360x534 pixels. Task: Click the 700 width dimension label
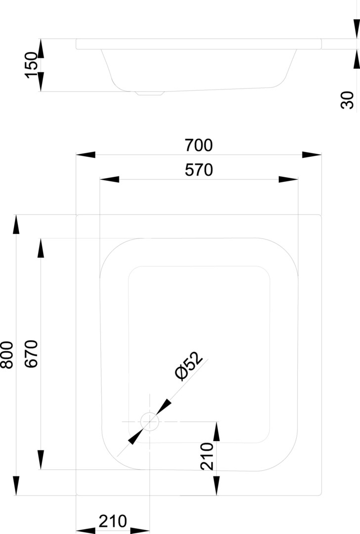[x=199, y=145]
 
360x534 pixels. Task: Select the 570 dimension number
[x=199, y=170]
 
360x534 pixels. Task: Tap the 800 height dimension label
[x=7, y=355]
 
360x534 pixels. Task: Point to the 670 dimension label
[x=32, y=354]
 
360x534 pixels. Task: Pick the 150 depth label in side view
[x=32, y=65]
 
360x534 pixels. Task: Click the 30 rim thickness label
[x=348, y=100]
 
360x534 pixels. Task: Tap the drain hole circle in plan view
[x=149, y=421]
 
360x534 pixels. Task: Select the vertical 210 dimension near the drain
[x=207, y=456]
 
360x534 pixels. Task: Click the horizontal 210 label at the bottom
[x=113, y=521]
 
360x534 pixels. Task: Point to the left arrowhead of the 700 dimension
[x=86, y=155]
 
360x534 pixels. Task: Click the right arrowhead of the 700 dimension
[x=312, y=155]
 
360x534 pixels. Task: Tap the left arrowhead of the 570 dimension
[x=109, y=179]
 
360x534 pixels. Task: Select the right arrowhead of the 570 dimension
[x=288, y=179]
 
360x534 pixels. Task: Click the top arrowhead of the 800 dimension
[x=16, y=224]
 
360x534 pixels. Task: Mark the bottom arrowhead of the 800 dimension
[x=16, y=486]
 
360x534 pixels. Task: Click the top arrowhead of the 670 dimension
[x=41, y=248]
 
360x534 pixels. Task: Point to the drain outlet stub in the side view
[x=150, y=93]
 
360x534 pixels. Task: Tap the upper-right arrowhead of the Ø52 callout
[x=164, y=406]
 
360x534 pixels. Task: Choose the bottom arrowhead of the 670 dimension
[x=41, y=460]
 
